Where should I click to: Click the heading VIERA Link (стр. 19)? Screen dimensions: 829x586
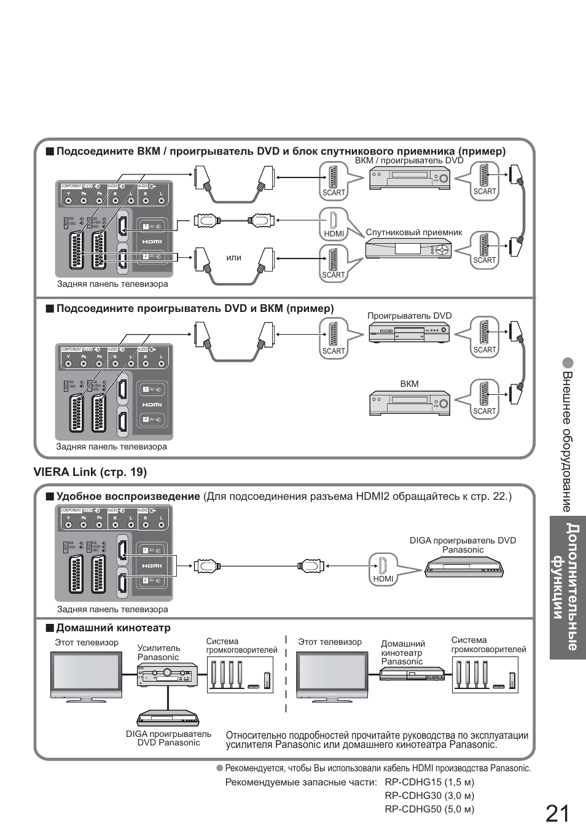90,472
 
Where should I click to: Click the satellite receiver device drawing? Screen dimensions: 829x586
409,249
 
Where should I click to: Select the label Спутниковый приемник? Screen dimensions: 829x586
413,233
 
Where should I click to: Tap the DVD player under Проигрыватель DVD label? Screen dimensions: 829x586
409,333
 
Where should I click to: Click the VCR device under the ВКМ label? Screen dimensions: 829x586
409,403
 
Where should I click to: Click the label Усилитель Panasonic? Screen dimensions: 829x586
158,652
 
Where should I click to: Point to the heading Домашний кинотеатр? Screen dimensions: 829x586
113,628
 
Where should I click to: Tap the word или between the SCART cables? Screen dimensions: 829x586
234,257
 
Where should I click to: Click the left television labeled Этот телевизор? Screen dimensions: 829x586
86,674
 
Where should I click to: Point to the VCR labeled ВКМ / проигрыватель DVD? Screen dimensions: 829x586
409,179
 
